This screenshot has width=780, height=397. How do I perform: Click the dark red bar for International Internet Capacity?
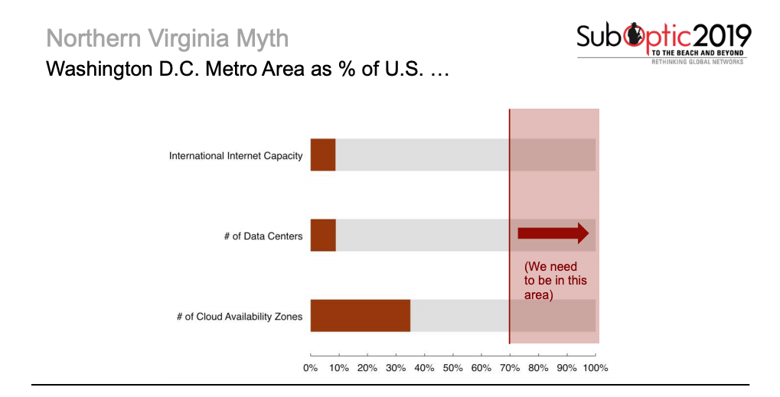click(323, 155)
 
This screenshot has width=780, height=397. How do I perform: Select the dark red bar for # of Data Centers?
click(323, 236)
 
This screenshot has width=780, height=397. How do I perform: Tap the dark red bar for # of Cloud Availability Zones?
click(360, 315)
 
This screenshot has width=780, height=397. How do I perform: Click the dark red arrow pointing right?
click(553, 233)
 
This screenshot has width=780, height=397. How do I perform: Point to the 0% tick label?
click(310, 368)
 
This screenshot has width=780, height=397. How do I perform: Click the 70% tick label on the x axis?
click(510, 368)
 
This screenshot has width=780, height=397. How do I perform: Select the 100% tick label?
click(595, 368)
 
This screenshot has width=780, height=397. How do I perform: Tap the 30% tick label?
click(396, 368)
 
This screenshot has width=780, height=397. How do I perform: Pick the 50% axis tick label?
click(453, 368)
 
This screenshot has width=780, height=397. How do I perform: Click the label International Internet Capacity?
click(236, 156)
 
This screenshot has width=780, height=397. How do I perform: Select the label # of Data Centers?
click(263, 236)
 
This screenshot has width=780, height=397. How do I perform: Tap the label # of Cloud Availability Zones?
click(239, 316)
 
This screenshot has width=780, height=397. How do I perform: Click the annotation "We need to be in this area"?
click(555, 281)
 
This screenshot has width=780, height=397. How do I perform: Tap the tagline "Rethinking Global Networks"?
click(697, 62)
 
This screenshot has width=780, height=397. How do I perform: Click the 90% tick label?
click(566, 368)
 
